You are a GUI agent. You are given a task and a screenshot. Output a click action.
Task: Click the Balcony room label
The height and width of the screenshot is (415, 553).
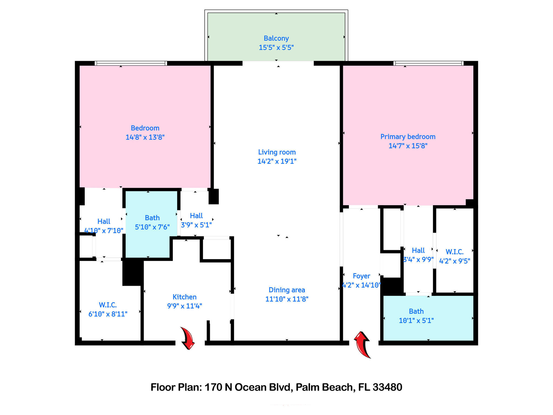click(x=276, y=38)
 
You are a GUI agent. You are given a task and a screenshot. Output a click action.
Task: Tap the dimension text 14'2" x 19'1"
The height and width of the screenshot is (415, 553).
click(x=277, y=161)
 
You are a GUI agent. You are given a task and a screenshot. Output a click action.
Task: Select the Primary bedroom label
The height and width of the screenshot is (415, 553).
click(x=408, y=137)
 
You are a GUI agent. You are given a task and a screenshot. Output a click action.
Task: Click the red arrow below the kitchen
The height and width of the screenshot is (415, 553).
click(x=188, y=338)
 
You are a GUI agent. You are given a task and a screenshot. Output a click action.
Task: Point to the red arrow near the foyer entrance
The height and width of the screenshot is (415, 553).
click(x=363, y=344)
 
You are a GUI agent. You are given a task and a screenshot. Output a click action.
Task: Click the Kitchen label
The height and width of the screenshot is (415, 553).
click(x=184, y=297)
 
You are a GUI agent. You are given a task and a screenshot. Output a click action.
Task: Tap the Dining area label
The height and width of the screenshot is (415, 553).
click(x=287, y=290)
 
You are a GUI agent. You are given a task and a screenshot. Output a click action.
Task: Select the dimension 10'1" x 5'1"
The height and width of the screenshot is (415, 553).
click(x=416, y=321)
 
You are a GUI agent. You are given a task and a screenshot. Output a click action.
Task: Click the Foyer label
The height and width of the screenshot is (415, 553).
click(x=361, y=276)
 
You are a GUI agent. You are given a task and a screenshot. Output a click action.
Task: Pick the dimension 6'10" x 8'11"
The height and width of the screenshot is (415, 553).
click(x=108, y=314)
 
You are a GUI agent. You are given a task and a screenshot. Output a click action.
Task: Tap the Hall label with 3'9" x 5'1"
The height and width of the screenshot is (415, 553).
click(x=196, y=216)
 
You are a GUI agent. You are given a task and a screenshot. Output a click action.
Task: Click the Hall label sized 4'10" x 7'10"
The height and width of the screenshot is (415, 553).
click(x=104, y=222)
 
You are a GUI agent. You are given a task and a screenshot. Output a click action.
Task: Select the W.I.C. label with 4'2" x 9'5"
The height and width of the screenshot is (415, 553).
click(x=454, y=252)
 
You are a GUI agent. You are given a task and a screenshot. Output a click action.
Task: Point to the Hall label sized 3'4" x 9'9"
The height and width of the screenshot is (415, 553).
click(x=418, y=250)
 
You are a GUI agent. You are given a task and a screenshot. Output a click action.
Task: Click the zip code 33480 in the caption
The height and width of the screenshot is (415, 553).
click(x=387, y=387)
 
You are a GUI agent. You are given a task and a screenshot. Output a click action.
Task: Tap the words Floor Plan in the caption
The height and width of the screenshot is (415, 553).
click(x=176, y=387)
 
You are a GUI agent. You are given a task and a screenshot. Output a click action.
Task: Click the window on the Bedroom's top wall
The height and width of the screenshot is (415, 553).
click(x=131, y=63)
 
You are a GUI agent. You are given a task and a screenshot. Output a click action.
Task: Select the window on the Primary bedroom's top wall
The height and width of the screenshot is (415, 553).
click(x=428, y=63)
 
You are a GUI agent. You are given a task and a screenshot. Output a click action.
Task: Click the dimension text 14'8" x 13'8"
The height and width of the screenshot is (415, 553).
click(x=145, y=137)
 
